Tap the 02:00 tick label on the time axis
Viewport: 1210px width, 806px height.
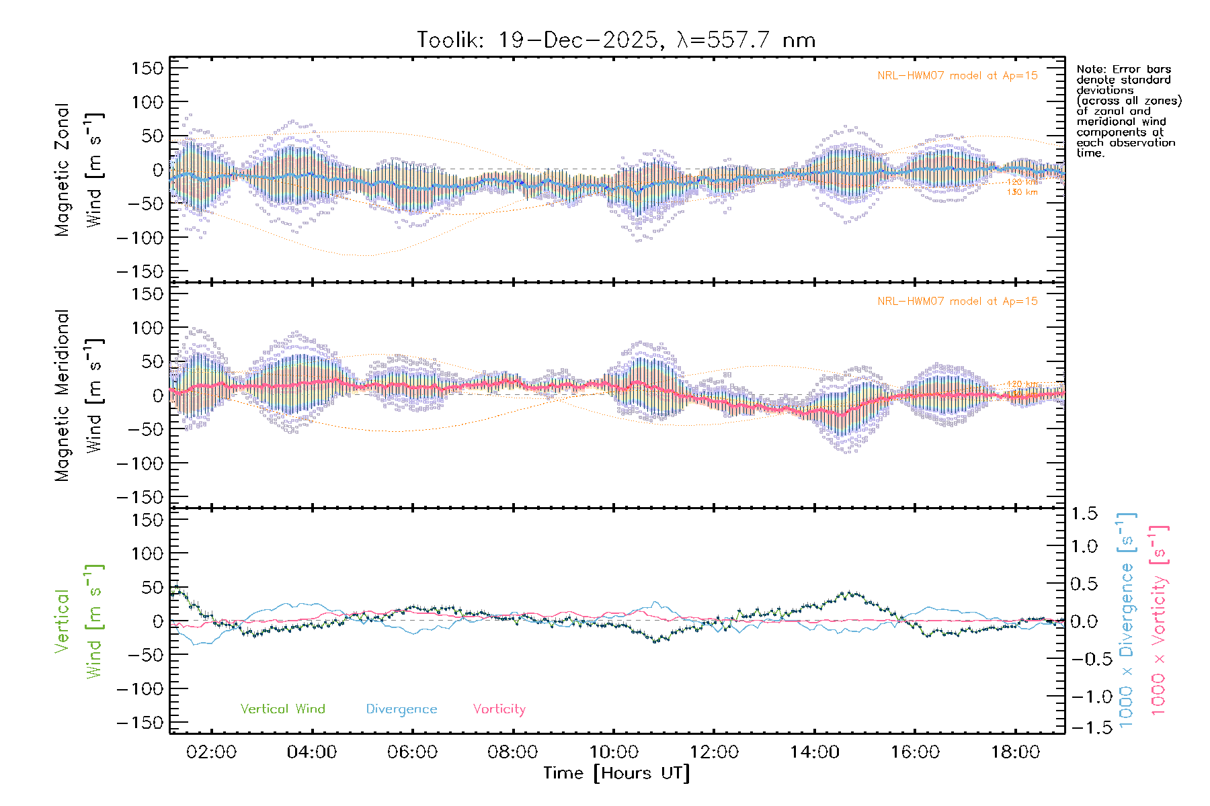point(211,752)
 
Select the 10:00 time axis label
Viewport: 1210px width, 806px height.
point(614,752)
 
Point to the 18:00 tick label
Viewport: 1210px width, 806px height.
point(1015,752)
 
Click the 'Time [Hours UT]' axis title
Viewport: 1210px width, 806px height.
point(616,773)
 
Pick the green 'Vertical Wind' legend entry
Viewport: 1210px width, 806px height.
point(282,709)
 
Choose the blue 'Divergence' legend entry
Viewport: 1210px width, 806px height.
point(401,709)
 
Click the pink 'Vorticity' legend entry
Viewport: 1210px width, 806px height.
point(499,709)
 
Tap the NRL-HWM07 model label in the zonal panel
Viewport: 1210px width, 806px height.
point(957,76)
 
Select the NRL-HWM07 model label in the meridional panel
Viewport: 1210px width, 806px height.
point(957,302)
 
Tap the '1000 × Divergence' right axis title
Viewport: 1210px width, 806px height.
point(1127,621)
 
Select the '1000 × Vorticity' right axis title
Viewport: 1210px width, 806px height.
point(1159,621)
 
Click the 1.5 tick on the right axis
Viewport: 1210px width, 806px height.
point(1084,514)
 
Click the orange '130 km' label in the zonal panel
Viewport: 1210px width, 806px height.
point(1022,193)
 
